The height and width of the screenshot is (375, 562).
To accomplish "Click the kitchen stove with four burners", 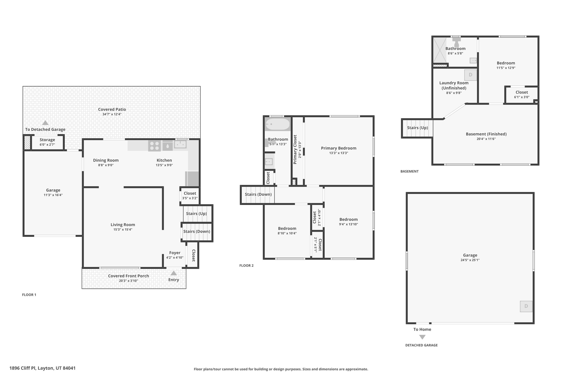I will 154,146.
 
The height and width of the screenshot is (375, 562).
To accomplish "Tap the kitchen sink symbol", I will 180,144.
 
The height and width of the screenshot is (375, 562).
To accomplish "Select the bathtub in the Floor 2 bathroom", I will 277,124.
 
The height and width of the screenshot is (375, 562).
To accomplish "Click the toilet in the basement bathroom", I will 456,43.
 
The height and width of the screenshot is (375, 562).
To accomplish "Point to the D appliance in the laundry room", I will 470,75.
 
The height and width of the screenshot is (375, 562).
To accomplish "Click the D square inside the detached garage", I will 526,306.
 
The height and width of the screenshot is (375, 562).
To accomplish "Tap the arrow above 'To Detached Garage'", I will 45,123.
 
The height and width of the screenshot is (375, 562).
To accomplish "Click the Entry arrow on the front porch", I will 173,273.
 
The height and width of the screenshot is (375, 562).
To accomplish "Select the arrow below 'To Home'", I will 422,337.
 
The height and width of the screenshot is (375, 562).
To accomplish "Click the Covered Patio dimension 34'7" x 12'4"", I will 112,114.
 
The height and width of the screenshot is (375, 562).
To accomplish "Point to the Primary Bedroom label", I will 338,148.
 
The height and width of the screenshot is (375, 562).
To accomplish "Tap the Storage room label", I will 47,140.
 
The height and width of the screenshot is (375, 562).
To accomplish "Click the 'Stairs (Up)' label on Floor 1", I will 196,214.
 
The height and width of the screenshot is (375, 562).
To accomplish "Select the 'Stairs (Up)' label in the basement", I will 417,128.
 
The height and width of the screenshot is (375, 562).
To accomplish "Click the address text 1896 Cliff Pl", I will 43,368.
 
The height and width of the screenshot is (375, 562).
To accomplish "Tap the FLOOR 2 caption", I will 246,266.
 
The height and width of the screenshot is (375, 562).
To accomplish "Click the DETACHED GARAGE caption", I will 421,345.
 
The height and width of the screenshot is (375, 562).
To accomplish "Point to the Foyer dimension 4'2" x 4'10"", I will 175,258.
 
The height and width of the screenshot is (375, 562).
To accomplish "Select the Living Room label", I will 123,225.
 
